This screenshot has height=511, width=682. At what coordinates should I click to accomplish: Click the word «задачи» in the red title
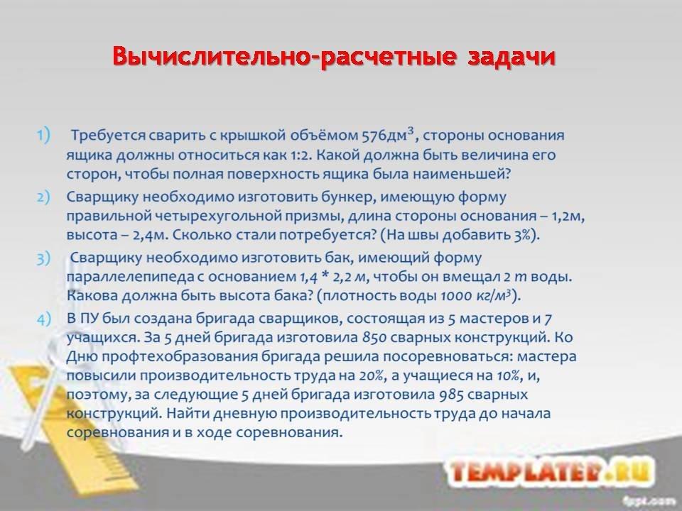pyautogui.click(x=511, y=57)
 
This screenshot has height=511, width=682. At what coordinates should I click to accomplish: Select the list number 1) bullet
pyautogui.click(x=43, y=134)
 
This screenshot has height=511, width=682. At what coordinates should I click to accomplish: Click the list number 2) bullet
pyautogui.click(x=43, y=197)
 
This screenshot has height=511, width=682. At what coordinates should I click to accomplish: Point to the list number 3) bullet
pyautogui.click(x=43, y=258)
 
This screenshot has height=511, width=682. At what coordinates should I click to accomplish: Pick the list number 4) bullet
pyautogui.click(x=43, y=319)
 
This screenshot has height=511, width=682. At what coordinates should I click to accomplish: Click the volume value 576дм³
pyautogui.click(x=388, y=134)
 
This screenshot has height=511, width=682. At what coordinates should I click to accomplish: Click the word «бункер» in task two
pyautogui.click(x=347, y=197)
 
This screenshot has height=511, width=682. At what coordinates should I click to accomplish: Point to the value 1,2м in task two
pyautogui.click(x=568, y=216)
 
